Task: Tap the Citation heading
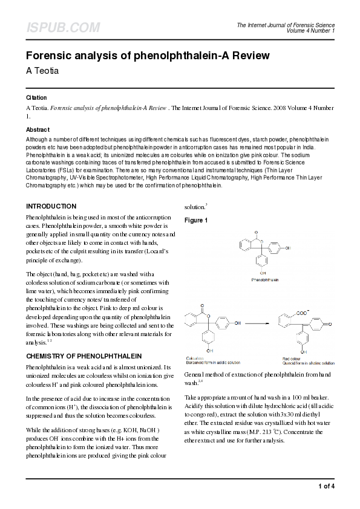(x=36, y=98)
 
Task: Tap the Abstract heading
(x=38, y=130)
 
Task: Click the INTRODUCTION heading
(x=51, y=206)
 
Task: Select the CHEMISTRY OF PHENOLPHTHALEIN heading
(x=83, y=355)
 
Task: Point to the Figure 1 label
(x=196, y=221)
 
